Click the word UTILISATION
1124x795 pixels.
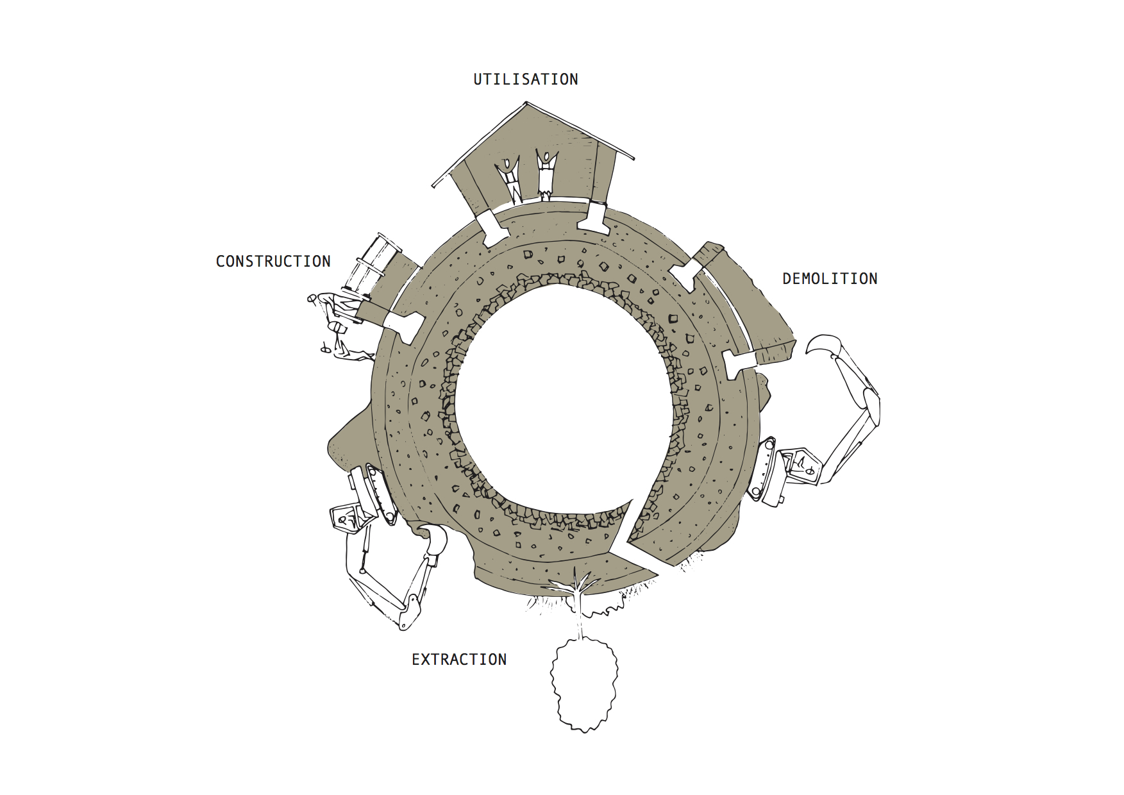tap(526, 79)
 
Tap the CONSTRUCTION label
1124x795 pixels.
tap(273, 262)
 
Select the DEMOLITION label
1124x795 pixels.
tap(830, 279)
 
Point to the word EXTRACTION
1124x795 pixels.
tap(459, 660)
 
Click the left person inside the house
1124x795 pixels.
tap(510, 178)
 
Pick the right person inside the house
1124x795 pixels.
tap(546, 174)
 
